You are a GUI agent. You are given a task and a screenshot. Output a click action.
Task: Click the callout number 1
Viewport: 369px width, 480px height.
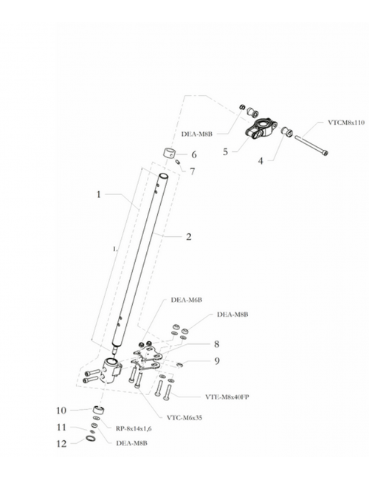[98, 194]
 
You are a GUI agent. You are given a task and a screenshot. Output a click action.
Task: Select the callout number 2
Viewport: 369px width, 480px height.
[189, 236]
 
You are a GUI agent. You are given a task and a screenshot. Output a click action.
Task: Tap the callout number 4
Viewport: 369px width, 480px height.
[261, 161]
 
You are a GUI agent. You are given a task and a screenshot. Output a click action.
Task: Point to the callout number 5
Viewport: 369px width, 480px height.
[226, 151]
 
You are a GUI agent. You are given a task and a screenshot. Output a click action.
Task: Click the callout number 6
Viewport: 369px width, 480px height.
[194, 154]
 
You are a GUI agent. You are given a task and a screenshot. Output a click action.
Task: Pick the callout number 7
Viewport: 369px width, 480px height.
[192, 171]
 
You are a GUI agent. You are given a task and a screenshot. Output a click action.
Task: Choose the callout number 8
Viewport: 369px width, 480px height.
[217, 344]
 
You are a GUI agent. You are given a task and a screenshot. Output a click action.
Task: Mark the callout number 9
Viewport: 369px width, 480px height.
[217, 361]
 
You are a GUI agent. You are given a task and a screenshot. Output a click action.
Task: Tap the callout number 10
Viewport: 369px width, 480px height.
[61, 411]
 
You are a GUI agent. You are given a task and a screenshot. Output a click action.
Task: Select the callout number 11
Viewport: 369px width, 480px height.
[61, 427]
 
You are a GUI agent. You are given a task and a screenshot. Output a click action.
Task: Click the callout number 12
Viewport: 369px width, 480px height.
[61, 444]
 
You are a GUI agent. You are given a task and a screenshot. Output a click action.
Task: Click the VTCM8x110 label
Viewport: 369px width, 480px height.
[346, 123]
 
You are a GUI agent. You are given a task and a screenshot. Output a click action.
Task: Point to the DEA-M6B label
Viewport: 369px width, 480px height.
[186, 300]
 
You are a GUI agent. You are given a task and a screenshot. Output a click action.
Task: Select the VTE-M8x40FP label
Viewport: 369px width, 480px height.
[227, 397]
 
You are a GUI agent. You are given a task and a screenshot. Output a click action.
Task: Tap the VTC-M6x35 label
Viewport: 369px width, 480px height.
[184, 417]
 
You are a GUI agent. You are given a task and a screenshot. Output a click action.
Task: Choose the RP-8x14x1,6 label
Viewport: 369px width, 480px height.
[134, 428]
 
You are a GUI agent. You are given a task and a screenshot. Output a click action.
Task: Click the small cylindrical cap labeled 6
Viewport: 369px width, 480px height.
[168, 153]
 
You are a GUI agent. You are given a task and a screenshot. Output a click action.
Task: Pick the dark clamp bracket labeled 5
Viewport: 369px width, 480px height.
[261, 129]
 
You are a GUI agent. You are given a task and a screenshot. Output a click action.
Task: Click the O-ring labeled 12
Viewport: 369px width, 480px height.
[91, 439]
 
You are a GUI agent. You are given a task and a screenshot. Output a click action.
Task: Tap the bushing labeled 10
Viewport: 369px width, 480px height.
[98, 410]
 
